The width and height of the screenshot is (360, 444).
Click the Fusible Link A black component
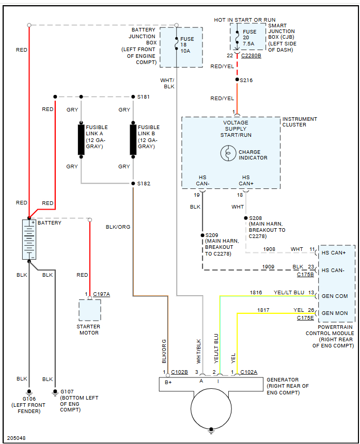[x=81, y=139]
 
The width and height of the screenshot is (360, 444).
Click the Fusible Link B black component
[x=133, y=139]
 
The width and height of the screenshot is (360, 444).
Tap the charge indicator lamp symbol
[x=228, y=153]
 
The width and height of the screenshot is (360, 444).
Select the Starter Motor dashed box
[x=90, y=310]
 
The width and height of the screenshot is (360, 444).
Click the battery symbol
[x=29, y=239]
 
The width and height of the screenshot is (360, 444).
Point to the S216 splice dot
[x=237, y=80]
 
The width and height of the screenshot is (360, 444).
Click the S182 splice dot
[x=133, y=183]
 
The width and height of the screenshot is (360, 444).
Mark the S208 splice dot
[x=245, y=218]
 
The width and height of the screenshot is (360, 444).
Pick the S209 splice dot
[x=202, y=235]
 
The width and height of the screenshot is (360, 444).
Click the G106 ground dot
[x=29, y=391]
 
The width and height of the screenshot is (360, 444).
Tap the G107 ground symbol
[x=55, y=392]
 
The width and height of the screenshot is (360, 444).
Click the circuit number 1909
[x=268, y=266]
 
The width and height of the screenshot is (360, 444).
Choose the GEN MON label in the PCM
[x=335, y=313]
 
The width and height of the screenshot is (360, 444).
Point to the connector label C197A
[x=101, y=294]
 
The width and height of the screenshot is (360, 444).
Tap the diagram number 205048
[x=17, y=438]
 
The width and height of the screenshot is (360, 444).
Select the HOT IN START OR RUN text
[x=245, y=20]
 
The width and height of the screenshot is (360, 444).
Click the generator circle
[x=211, y=408]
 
